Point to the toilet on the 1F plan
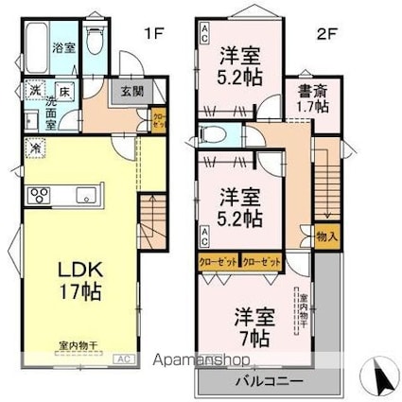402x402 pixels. tap(94, 41)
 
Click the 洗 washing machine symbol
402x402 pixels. tap(31, 91)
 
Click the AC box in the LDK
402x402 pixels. tap(123, 358)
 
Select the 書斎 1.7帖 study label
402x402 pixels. tap(309, 99)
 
